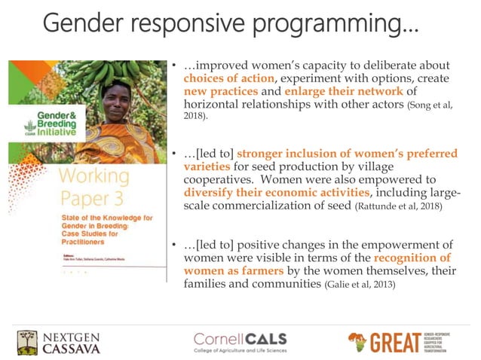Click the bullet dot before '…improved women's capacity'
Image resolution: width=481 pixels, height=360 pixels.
pyautogui.click(x=174, y=64)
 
